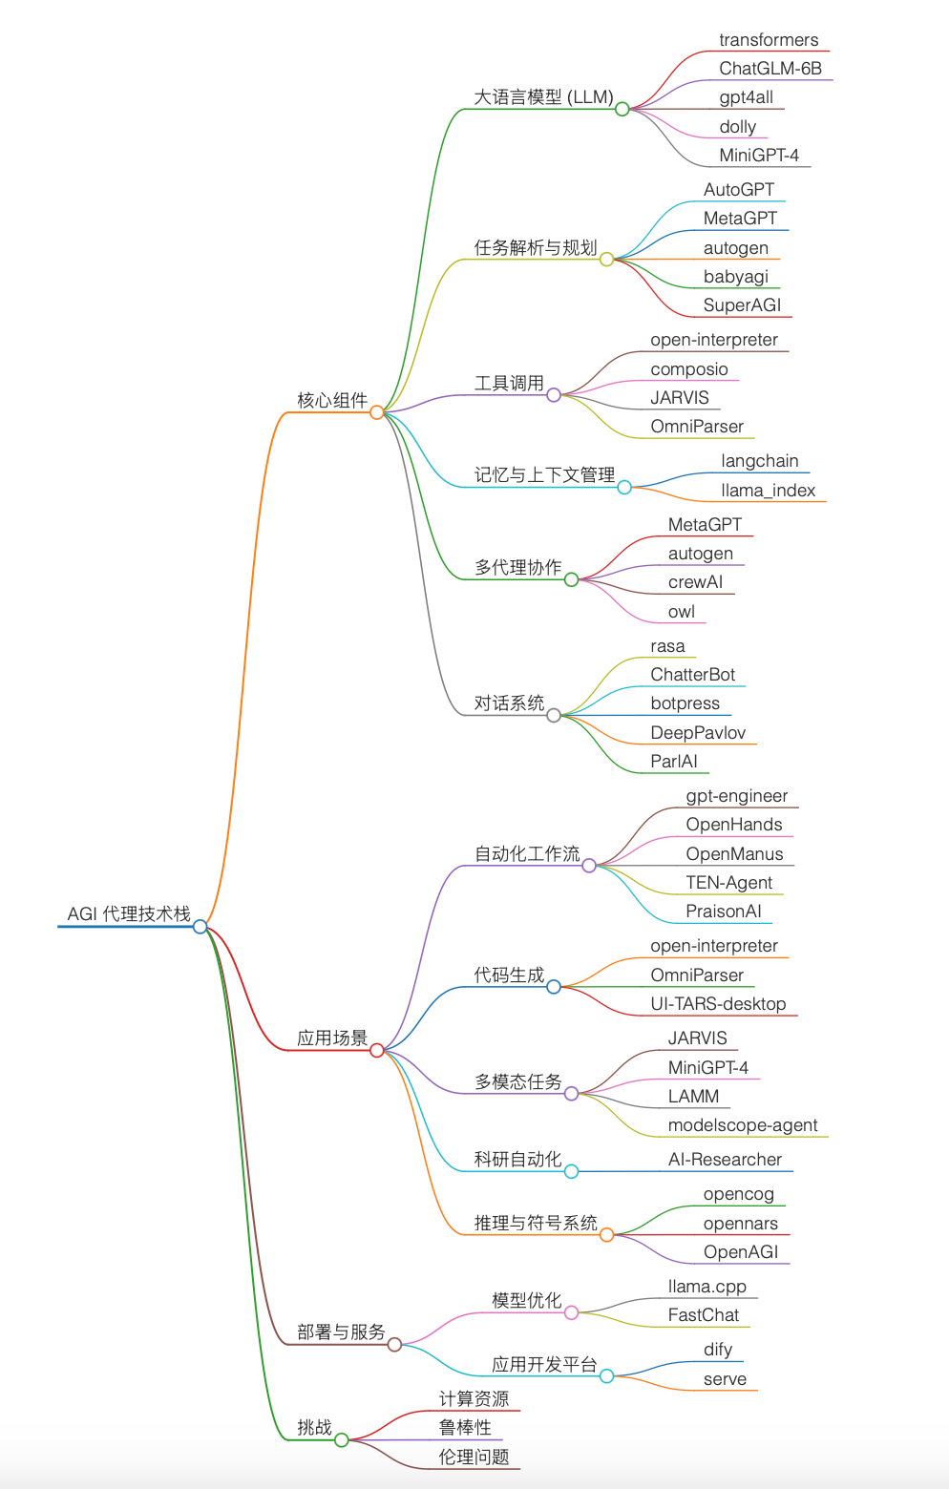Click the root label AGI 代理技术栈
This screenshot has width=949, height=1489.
coord(129,913)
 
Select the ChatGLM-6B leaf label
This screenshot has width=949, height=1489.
coord(770,69)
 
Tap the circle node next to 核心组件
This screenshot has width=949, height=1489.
coord(377,412)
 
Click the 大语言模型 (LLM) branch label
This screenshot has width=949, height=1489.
coord(543,97)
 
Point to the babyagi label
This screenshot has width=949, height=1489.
coord(735,277)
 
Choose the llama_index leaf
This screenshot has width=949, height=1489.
coord(768,491)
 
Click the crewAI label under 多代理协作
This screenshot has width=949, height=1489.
coord(695,582)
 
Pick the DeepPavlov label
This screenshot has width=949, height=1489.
coord(698,733)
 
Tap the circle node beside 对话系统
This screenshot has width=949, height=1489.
coord(554,715)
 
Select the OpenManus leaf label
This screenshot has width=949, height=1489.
coord(734,854)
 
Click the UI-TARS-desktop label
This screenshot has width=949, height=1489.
coord(718,1004)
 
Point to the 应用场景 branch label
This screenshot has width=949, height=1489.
coord(332,1038)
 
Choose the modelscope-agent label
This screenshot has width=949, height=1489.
coord(743,1125)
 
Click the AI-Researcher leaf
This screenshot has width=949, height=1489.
coord(725,1160)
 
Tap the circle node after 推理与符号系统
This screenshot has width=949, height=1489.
coord(606,1235)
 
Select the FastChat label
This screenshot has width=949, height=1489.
coord(703,1315)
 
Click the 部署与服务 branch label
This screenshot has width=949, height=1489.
coord(341,1332)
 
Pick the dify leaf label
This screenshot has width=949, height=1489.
coord(718,1350)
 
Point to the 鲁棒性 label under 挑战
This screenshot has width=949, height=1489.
coord(465,1428)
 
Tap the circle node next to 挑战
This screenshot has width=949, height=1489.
coord(342,1439)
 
